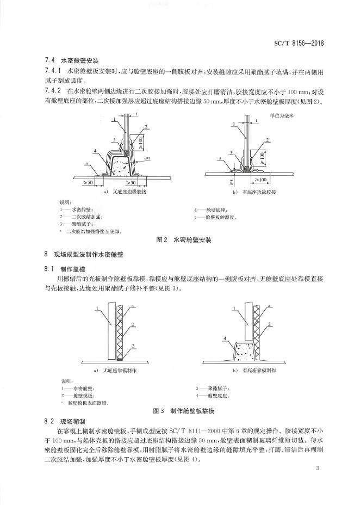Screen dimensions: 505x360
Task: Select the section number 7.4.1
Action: coord(52,71)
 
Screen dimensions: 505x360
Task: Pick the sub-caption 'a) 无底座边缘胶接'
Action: coord(126,192)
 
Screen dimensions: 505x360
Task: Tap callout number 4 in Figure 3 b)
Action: coord(224,338)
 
